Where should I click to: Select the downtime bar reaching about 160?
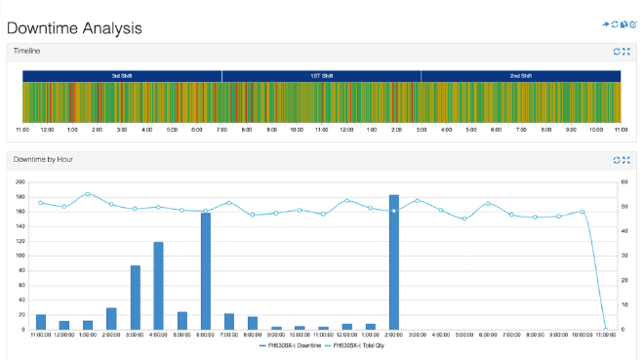[206, 270]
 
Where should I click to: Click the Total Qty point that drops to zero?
[606, 329]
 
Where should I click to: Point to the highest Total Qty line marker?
[88, 194]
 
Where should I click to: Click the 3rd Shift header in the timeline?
[122, 75]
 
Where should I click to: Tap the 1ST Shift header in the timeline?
[321, 75]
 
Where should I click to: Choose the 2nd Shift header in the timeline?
[520, 75]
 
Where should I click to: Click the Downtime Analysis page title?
[74, 28]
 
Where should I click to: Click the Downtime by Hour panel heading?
[43, 159]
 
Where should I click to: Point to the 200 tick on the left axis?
[20, 182]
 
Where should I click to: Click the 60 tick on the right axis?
[624, 182]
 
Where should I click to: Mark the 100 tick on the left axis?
[20, 256]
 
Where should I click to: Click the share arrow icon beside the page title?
[606, 24]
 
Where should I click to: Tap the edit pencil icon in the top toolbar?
[633, 24]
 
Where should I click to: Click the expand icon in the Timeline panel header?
[626, 51]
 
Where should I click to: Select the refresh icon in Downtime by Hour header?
[616, 159]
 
